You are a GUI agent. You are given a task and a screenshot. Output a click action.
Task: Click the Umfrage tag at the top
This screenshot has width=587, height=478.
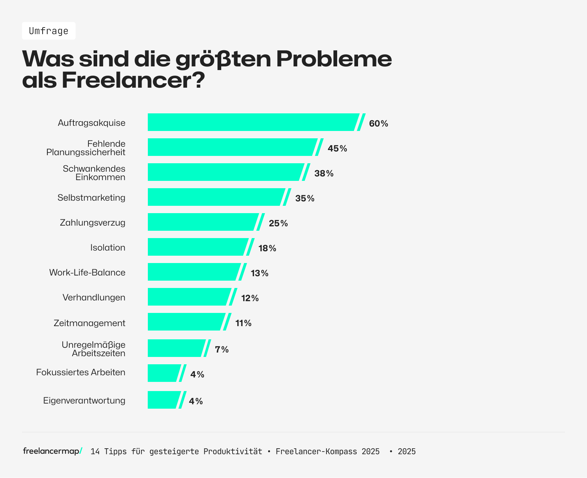[49, 31]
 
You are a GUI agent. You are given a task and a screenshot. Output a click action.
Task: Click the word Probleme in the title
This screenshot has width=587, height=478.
[333, 59]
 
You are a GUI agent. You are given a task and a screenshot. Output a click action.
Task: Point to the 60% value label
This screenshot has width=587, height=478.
[378, 124]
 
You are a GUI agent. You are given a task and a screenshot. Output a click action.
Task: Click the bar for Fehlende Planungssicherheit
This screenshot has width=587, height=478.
[231, 147]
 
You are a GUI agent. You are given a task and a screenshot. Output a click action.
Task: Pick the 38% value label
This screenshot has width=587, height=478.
[324, 174]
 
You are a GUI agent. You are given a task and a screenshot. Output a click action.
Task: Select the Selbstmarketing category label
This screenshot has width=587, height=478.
[91, 198]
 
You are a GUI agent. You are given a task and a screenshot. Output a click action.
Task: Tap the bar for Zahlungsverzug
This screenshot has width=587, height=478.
[202, 222]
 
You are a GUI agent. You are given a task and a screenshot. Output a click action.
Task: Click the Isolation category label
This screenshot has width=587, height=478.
[107, 248]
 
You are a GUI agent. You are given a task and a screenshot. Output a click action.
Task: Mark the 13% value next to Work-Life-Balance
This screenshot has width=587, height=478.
[259, 273]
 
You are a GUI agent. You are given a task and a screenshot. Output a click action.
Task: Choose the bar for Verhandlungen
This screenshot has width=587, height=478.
[188, 297]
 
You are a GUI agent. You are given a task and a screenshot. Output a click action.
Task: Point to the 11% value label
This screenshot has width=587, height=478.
[243, 323]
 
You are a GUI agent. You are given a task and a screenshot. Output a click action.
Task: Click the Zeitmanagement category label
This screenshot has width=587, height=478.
[89, 323]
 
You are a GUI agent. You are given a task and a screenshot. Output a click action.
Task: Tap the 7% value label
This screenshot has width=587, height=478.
[222, 350]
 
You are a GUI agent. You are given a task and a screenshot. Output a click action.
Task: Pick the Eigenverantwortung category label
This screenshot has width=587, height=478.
[84, 400]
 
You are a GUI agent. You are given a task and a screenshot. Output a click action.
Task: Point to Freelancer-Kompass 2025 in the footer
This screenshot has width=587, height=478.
[327, 452]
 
